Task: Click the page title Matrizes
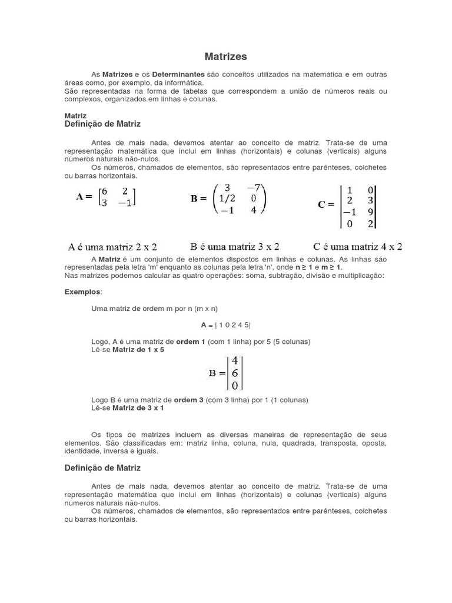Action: [225, 57]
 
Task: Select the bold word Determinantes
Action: [178, 75]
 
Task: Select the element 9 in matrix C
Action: [370, 212]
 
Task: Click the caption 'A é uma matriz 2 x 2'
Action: [112, 247]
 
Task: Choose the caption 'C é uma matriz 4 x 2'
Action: [357, 246]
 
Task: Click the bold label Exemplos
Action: [82, 291]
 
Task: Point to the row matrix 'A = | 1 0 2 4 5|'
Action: [225, 325]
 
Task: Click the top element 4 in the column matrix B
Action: [234, 360]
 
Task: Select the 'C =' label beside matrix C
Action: [326, 205]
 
